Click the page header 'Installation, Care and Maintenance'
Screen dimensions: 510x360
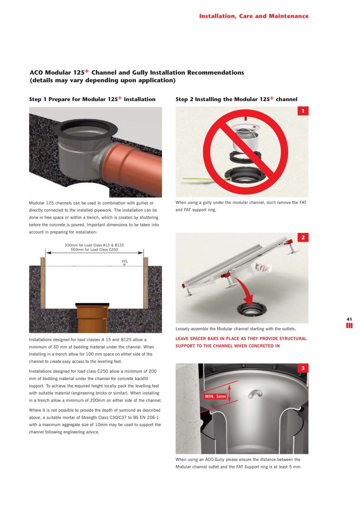(x=254, y=16)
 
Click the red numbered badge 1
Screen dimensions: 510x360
(x=303, y=111)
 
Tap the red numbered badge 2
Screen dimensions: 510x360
(x=303, y=238)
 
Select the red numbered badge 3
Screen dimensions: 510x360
(x=303, y=368)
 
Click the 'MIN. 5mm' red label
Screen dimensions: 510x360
(x=216, y=396)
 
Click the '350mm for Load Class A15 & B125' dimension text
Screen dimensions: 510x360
(x=94, y=245)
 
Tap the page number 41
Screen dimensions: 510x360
(x=349, y=319)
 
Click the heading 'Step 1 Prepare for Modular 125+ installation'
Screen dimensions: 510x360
(x=92, y=99)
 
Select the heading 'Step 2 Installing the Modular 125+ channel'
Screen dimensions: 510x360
(x=236, y=99)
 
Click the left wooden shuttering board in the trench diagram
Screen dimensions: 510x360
(x=43, y=283)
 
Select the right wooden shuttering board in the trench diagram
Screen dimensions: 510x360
(x=146, y=283)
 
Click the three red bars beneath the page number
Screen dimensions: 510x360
(x=349, y=326)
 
